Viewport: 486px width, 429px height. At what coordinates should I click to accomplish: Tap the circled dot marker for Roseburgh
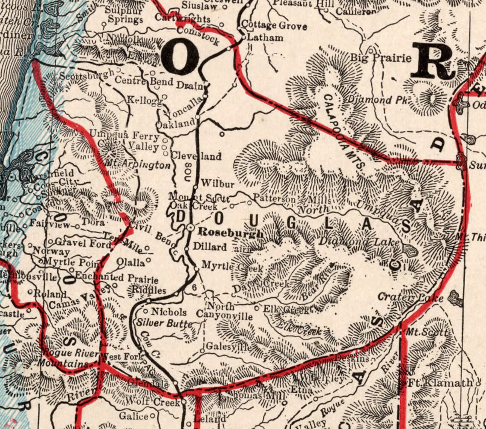(x=191, y=227)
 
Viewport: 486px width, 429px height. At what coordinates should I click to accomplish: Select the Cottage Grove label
(x=274, y=26)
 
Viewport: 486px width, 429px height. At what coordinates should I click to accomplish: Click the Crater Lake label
(x=411, y=298)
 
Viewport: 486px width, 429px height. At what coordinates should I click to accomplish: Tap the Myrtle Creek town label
(x=232, y=267)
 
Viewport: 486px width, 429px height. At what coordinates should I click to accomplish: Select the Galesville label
(x=229, y=347)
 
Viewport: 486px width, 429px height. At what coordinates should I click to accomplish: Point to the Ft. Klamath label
(x=440, y=383)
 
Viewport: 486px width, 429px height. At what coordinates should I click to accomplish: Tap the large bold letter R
(x=431, y=62)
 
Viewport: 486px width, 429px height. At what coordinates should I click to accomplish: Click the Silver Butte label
(x=164, y=323)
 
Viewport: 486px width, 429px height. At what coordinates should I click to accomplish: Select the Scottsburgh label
(x=87, y=76)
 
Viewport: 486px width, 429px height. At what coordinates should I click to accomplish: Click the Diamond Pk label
(x=376, y=100)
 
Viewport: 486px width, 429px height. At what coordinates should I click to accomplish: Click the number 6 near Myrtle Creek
(x=194, y=288)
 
